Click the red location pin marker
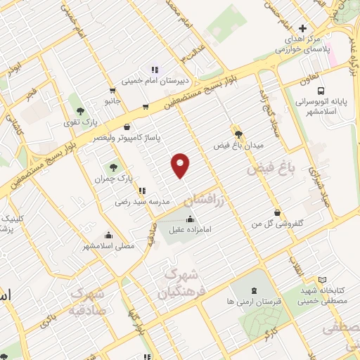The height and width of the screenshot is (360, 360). (x=181, y=165)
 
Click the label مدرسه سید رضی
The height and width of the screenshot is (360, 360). (x=143, y=201)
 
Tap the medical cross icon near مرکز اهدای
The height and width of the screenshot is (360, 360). (x=302, y=29)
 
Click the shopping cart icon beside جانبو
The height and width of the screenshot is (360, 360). (x=112, y=90)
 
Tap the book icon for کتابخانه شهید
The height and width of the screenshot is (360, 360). (x=322, y=280)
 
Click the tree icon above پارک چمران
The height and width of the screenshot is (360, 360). (x=113, y=167)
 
